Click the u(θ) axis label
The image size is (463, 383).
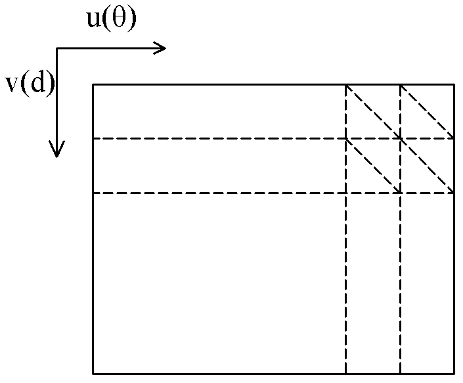pyautogui.click(x=112, y=18)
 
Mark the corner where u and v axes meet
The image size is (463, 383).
pyautogui.click(x=56, y=48)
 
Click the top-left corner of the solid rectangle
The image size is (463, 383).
pyautogui.click(x=93, y=85)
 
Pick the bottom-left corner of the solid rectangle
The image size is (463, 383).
pyautogui.click(x=93, y=374)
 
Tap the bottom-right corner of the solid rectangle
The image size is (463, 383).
pyautogui.click(x=454, y=374)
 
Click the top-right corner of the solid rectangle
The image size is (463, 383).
pyautogui.click(x=454, y=85)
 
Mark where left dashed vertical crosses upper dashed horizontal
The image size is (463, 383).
pyautogui.click(x=345, y=138)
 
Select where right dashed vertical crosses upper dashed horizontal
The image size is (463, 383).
pyautogui.click(x=400, y=138)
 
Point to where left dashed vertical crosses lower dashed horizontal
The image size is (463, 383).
pyautogui.click(x=345, y=193)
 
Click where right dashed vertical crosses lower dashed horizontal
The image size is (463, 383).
pyautogui.click(x=400, y=193)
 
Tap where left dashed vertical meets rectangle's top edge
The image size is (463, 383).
pyautogui.click(x=345, y=85)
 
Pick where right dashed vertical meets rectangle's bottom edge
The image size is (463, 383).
pyautogui.click(x=400, y=374)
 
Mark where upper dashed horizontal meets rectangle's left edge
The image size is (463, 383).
pyautogui.click(x=93, y=138)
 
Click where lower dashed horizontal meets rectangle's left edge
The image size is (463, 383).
pyautogui.click(x=93, y=193)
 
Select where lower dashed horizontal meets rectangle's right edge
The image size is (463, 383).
pyautogui.click(x=454, y=193)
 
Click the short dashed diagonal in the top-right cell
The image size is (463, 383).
pyautogui.click(x=428, y=112)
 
